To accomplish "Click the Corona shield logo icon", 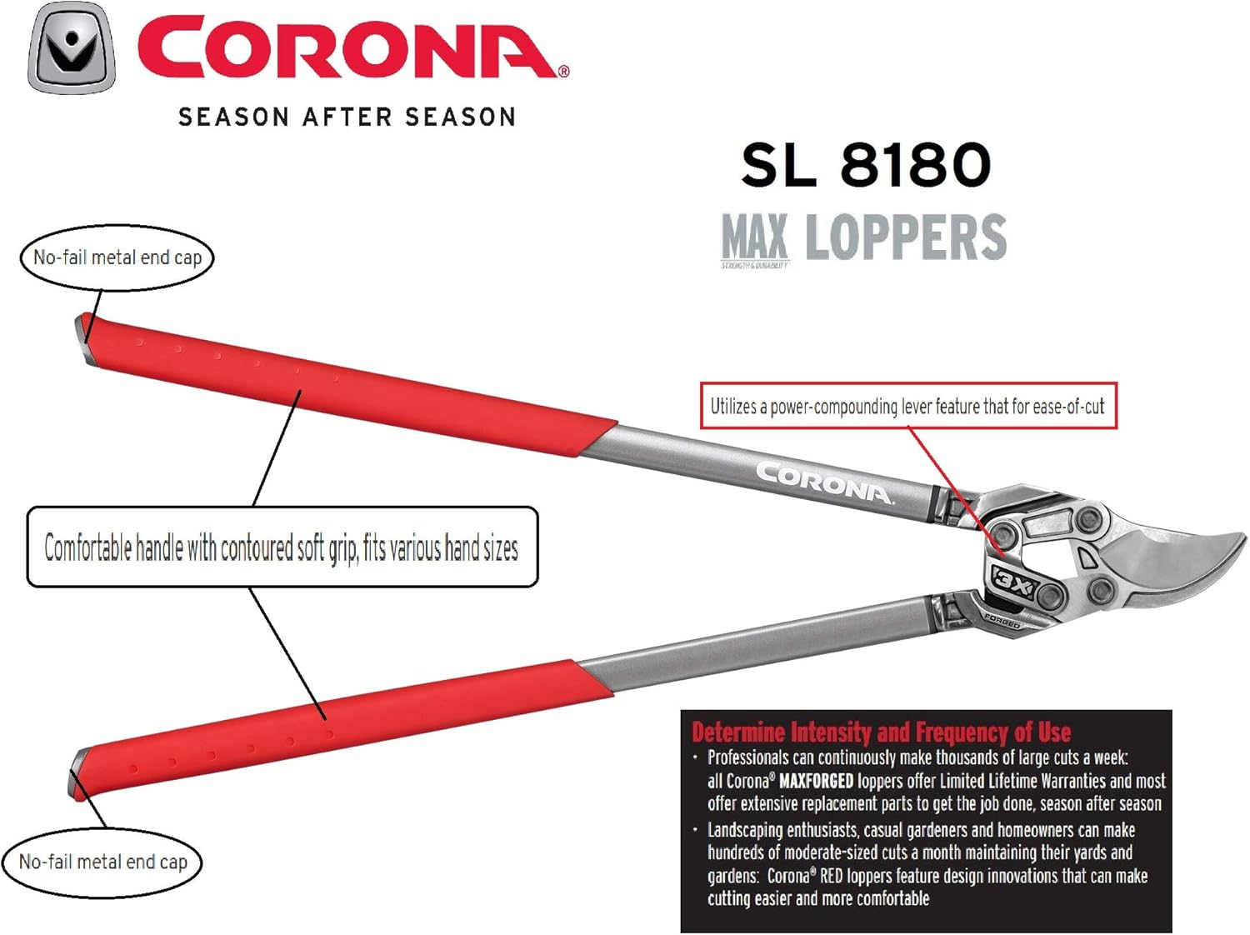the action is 71,48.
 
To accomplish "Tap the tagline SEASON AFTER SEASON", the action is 347,117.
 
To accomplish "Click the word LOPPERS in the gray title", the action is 906,237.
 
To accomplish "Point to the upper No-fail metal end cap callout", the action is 117,257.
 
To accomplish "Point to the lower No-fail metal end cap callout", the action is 103,862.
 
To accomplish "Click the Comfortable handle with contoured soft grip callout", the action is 282,547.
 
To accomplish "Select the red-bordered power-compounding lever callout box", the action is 907,406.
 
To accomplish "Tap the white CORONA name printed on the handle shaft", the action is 824,483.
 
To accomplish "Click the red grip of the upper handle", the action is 333,383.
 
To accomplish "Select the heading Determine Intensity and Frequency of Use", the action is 881,732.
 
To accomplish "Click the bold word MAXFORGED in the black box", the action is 816,781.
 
